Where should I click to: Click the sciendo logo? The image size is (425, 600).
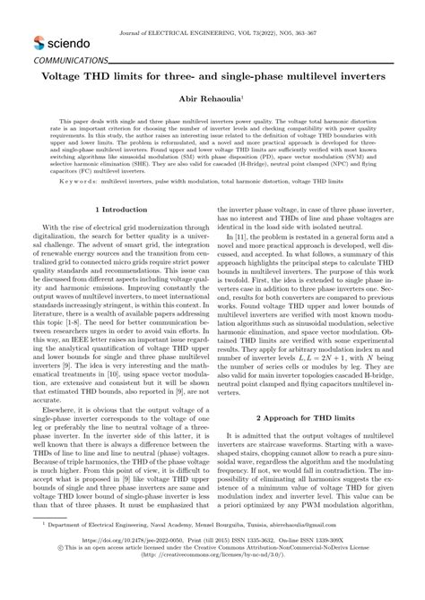[61, 41]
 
